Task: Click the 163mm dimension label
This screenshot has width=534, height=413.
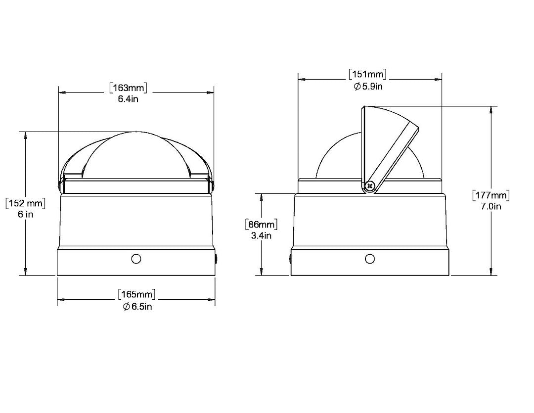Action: click(x=129, y=88)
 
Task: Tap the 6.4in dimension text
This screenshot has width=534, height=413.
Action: click(x=128, y=99)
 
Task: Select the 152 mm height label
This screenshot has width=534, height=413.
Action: click(x=26, y=203)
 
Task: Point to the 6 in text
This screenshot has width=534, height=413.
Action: click(x=26, y=214)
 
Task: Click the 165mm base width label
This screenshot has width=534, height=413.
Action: click(x=137, y=294)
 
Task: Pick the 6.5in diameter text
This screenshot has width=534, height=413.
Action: click(x=137, y=306)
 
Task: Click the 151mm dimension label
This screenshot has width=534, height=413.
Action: click(x=368, y=74)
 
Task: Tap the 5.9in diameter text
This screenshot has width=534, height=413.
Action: click(x=368, y=86)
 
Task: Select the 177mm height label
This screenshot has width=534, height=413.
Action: click(x=491, y=195)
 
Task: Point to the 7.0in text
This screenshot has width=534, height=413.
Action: click(x=491, y=206)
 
